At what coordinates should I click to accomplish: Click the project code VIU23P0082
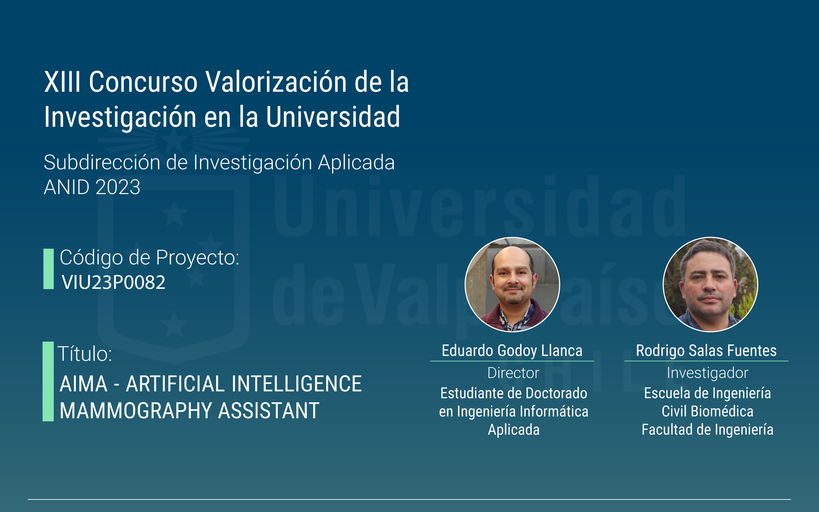point(113,282)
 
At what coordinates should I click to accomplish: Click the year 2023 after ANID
point(118,187)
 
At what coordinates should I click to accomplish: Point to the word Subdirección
point(102,162)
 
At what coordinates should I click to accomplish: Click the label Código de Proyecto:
point(149,257)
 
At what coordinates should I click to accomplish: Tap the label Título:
point(85,354)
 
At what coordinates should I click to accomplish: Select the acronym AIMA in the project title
point(84,384)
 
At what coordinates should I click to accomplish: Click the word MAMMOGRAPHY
point(136,411)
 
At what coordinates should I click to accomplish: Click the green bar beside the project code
point(49,269)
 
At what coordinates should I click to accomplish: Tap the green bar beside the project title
point(48,382)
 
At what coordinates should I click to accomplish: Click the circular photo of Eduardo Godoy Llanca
point(512,284)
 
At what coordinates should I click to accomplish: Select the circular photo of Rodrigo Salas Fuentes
point(710,284)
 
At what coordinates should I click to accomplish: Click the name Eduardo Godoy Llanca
point(512,350)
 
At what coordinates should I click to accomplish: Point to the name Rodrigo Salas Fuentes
point(706,350)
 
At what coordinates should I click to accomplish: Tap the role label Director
point(513,373)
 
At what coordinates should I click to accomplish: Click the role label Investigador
point(708,373)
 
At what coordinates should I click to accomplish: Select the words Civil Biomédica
point(707,411)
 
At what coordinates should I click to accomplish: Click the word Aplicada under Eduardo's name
point(514,430)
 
